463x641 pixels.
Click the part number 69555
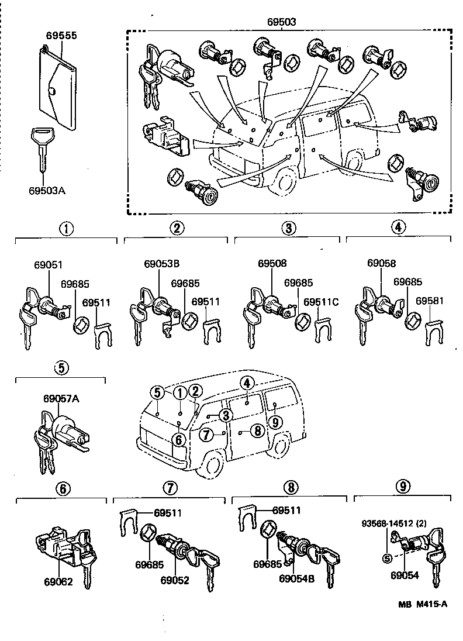[61, 36]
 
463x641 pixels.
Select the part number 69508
[272, 264]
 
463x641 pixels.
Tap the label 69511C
[324, 302]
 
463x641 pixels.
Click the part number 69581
[430, 302]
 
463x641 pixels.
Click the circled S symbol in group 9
[387, 557]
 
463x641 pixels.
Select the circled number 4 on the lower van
[247, 383]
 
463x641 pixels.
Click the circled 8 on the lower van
[257, 431]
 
